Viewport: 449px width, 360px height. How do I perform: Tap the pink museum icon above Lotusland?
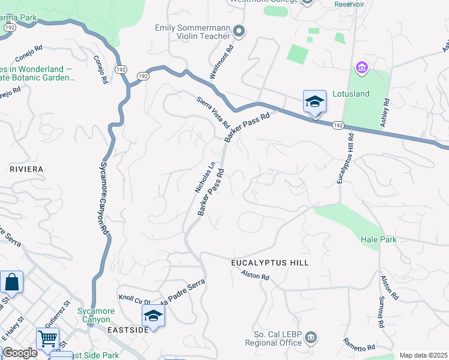pyautogui.click(x=361, y=68)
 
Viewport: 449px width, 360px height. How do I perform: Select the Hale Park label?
pyautogui.click(x=379, y=239)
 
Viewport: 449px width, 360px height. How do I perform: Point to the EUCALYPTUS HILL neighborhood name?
pyautogui.click(x=270, y=263)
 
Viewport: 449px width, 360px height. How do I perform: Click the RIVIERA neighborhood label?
pyautogui.click(x=26, y=169)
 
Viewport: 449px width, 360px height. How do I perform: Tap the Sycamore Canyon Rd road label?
pyautogui.click(x=102, y=198)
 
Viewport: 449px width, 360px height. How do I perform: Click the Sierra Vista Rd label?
pyautogui.click(x=214, y=112)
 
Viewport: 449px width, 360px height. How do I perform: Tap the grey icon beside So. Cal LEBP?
pyautogui.click(x=311, y=338)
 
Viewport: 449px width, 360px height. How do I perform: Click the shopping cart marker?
pyautogui.click(x=47, y=338)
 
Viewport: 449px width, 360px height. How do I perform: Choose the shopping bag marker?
pyautogui.click(x=12, y=281)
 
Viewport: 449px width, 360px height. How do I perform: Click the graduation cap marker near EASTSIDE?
pyautogui.click(x=153, y=316)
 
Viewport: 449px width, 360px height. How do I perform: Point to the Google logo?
pyautogui.click(x=20, y=353)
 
